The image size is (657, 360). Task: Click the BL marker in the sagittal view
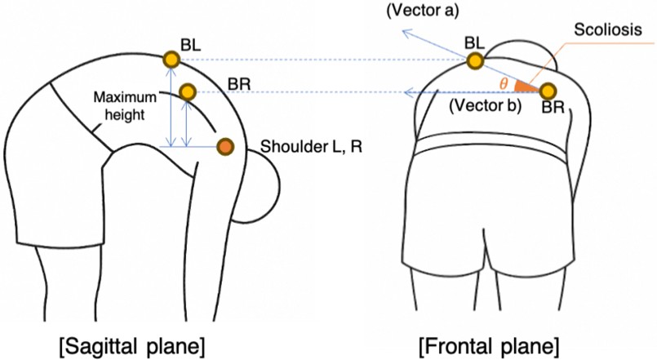(x=171, y=59)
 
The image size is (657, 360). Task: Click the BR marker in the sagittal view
(x=187, y=92)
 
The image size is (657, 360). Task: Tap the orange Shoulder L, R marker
(x=225, y=147)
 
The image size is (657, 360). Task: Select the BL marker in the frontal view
(x=476, y=60)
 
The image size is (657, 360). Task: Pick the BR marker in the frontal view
(x=548, y=91)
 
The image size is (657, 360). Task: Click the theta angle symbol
(x=504, y=83)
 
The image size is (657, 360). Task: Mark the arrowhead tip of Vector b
(x=406, y=93)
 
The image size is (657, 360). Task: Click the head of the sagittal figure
(x=260, y=184)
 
